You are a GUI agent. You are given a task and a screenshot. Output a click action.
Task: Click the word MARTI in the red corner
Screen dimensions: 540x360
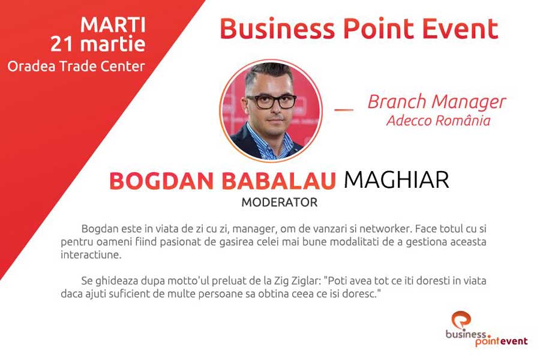113,25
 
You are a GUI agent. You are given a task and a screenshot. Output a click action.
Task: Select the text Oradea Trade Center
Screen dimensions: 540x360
76,66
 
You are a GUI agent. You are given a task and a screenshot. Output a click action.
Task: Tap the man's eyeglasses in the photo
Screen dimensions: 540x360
271,101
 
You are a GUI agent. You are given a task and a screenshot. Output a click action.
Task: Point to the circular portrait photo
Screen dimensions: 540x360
271,110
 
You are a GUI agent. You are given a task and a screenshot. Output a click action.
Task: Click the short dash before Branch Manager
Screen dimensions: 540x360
344,110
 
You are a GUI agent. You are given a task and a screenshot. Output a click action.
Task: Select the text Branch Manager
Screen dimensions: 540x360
437,103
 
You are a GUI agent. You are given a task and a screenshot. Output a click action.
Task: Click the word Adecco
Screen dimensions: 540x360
409,121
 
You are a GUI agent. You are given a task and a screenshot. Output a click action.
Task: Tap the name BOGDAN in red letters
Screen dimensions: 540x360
161,181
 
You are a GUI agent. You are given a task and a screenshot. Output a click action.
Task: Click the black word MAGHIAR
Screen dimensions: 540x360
397,180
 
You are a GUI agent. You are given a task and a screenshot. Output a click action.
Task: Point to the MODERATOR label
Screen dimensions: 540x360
279,202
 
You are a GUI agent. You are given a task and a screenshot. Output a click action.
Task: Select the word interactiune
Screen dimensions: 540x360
91,255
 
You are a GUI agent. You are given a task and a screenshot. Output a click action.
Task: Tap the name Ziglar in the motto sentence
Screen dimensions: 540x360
305,281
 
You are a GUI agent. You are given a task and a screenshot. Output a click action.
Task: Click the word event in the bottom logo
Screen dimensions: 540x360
514,341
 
